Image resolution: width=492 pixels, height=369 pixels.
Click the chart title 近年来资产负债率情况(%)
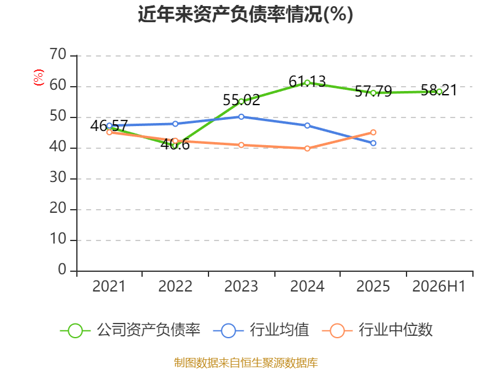coord(245,14)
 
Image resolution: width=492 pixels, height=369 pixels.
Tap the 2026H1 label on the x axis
coord(439,286)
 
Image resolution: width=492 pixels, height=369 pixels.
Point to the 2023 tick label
coord(241,286)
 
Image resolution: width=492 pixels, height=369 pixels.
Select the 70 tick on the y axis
coord(58,54)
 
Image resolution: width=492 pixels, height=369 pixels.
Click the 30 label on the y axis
coord(58,178)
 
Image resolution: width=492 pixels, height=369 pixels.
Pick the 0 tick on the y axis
coord(62,269)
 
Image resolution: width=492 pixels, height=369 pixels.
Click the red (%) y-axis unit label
coord(38,77)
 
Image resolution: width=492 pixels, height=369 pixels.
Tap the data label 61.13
coord(307,82)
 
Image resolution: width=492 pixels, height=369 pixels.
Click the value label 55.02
coord(241,100)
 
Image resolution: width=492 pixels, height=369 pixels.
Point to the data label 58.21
coord(439,90)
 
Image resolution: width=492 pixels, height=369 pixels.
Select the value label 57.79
coord(373,91)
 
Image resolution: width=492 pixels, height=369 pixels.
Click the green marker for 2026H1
coord(439,92)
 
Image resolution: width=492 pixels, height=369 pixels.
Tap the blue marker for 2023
coord(241,117)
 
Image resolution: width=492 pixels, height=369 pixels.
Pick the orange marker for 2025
coord(373,132)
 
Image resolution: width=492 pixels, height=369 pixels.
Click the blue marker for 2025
coord(373,143)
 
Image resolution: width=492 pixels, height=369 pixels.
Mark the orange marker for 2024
coord(307,148)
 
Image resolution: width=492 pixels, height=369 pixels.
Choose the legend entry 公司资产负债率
coord(130,330)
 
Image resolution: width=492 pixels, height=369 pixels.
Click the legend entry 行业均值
coord(261,330)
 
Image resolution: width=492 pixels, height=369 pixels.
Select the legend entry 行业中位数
coord(377,330)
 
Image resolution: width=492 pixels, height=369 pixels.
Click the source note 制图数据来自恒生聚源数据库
coord(245,362)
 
